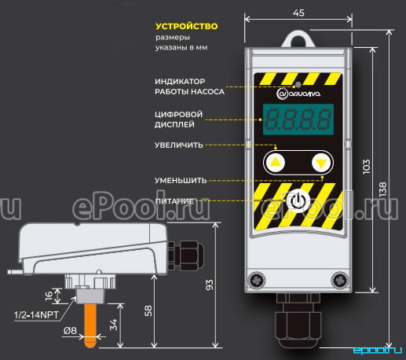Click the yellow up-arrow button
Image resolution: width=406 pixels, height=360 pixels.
click(x=275, y=163)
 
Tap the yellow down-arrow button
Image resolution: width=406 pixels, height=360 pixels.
click(x=321, y=163)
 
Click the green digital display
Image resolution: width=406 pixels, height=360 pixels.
click(x=298, y=119)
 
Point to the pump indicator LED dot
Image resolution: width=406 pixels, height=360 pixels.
click(x=298, y=85)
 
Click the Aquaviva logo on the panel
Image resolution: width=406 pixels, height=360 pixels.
click(x=298, y=94)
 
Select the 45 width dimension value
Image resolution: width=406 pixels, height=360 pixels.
click(x=298, y=13)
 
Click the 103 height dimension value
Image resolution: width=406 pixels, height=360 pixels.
click(x=367, y=167)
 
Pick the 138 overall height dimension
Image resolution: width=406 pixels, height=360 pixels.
click(x=382, y=189)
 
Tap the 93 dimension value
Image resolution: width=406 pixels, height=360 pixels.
click(x=210, y=285)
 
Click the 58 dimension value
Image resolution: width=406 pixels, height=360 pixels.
click(x=148, y=311)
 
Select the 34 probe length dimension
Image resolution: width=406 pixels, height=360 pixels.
click(x=114, y=325)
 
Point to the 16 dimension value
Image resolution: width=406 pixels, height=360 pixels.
click(x=49, y=296)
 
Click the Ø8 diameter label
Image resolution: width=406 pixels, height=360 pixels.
click(x=70, y=331)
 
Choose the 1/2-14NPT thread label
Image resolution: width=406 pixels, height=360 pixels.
click(x=36, y=314)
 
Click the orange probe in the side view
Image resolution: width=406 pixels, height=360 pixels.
click(x=90, y=325)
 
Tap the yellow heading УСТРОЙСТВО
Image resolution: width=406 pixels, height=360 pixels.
click(x=187, y=26)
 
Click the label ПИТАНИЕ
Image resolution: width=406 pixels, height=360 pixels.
click(x=174, y=201)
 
